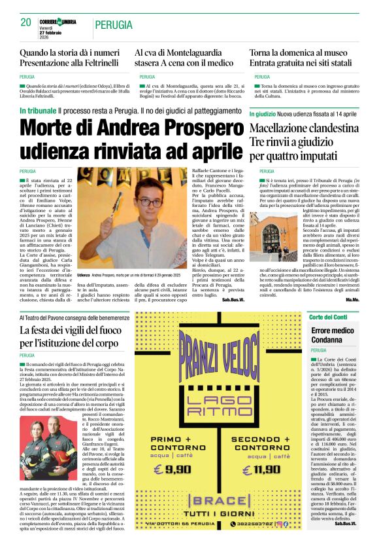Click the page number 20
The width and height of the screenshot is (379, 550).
click(25, 22)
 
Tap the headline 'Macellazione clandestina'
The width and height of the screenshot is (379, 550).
click(301, 128)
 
